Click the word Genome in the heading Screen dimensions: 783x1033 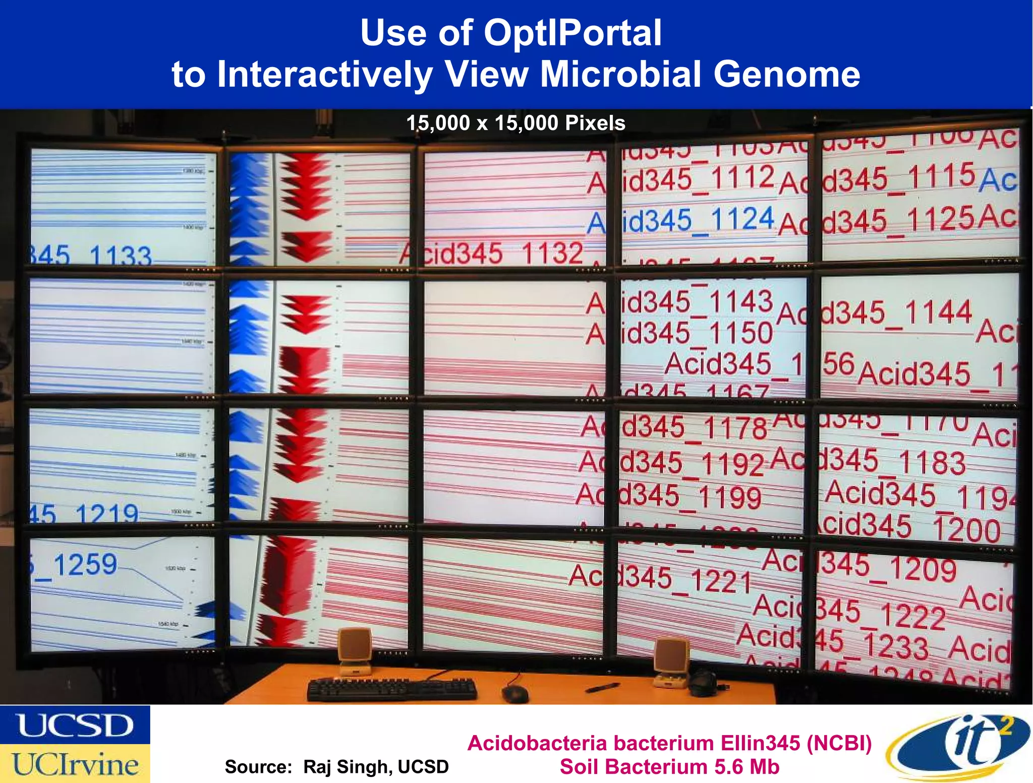pos(786,75)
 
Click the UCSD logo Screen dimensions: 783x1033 pos(75,725)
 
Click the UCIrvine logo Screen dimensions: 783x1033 pos(75,764)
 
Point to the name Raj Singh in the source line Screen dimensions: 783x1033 pos(348,767)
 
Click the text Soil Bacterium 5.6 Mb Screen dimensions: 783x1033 pos(669,767)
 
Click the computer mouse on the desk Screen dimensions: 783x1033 pos(515,694)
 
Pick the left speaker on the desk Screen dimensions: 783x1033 pos(355,651)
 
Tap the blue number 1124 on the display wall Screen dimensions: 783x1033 pos(742,219)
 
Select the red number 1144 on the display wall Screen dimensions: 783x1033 pos(938,312)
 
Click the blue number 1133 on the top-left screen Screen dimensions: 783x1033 pos(120,256)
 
